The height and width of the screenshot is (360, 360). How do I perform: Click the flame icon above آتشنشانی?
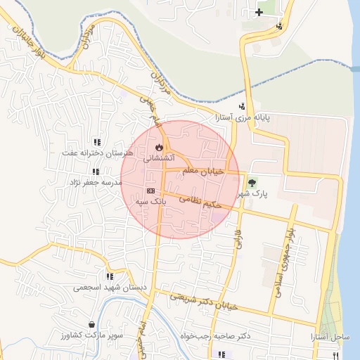coord(159,147)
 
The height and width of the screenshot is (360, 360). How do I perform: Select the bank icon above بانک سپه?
coord(150,191)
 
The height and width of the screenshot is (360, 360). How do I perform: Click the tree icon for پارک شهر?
coord(252,182)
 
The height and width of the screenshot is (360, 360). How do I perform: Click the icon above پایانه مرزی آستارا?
coord(243,107)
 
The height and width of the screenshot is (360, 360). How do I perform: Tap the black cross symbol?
coord(259,12)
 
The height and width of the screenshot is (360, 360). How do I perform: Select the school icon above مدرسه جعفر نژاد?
coord(96,172)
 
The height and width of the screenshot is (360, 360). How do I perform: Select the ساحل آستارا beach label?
coord(330,337)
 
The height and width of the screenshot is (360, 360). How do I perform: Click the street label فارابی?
coord(237,239)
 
